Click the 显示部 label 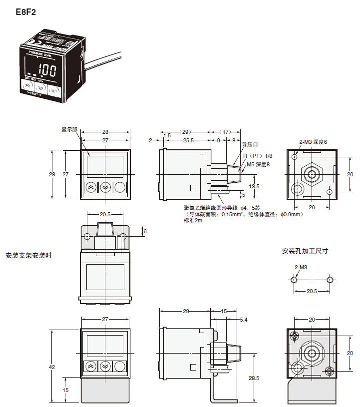pos(70,128)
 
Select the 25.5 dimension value pos(188,141)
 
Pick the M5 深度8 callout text pos(258,164)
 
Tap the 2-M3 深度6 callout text pos(313,142)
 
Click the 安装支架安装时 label pos(28,255)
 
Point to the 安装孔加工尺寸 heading pos(305,251)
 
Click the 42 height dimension pos(52,367)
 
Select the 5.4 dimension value pos(244,320)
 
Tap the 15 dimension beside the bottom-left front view pos(66,390)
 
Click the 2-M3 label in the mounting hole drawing pos(301,267)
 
